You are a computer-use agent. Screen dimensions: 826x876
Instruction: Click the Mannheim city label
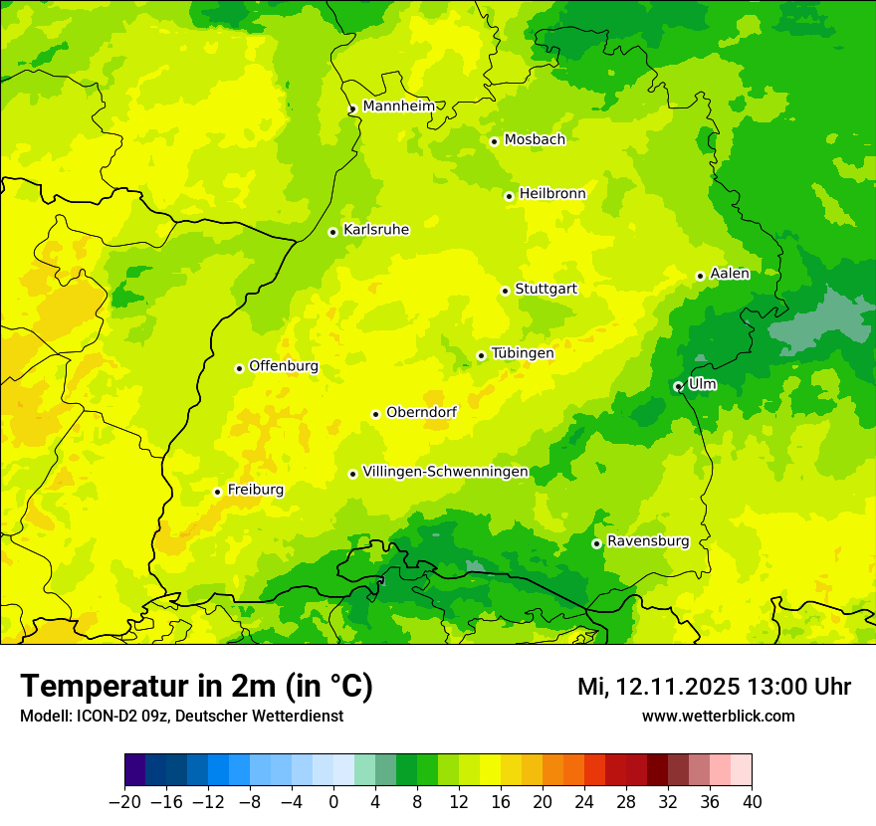pyautogui.click(x=398, y=106)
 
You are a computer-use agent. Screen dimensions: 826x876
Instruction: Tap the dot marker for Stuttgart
pyautogui.click(x=506, y=291)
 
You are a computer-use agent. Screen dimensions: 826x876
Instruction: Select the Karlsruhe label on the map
pyautogui.click(x=376, y=230)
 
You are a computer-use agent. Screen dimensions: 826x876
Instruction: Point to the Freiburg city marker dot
pyautogui.click(x=217, y=492)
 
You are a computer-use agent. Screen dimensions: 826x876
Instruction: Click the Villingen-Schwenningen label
pyautogui.click(x=445, y=472)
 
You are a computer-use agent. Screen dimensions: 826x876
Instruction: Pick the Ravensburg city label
pyautogui.click(x=648, y=541)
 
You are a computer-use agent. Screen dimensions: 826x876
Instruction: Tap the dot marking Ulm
pyautogui.click(x=678, y=386)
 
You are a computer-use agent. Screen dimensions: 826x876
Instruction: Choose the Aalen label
pyautogui.click(x=730, y=274)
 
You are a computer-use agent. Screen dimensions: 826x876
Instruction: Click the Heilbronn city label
pyautogui.click(x=552, y=194)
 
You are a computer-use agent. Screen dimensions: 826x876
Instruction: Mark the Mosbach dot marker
pyautogui.click(x=494, y=141)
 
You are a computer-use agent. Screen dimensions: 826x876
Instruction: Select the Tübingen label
pyautogui.click(x=523, y=353)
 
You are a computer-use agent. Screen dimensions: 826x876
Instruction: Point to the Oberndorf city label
pyautogui.click(x=422, y=412)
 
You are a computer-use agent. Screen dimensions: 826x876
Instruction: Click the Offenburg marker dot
pyautogui.click(x=239, y=368)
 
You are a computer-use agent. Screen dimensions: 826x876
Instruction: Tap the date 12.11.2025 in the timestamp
pyautogui.click(x=677, y=687)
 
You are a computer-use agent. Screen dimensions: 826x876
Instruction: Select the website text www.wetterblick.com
pyautogui.click(x=718, y=716)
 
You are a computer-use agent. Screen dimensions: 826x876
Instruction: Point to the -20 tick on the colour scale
pyautogui.click(x=124, y=802)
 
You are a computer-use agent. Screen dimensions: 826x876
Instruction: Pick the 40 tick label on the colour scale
pyautogui.click(x=752, y=802)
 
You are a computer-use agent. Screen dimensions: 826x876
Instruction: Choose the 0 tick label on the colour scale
pyautogui.click(x=333, y=802)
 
